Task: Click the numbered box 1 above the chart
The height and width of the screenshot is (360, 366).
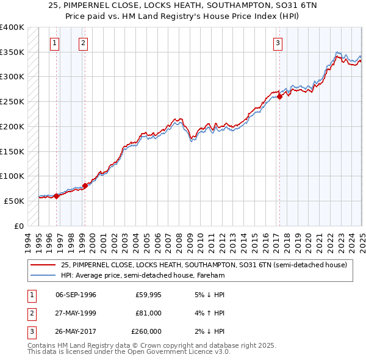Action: [54, 43]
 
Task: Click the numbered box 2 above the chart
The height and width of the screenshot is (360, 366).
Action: [82, 43]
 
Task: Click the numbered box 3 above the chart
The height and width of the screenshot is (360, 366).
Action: [278, 43]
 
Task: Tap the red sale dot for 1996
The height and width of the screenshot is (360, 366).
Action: [56, 196]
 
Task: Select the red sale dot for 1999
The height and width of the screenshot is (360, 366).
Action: [85, 185]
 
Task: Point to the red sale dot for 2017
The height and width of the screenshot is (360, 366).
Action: [279, 96]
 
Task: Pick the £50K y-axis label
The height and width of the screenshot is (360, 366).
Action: [14, 201]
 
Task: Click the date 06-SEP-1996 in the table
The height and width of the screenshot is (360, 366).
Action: [76, 295]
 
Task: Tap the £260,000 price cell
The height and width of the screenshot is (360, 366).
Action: [146, 332]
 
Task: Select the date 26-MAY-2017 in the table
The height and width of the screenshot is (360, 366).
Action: [76, 332]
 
